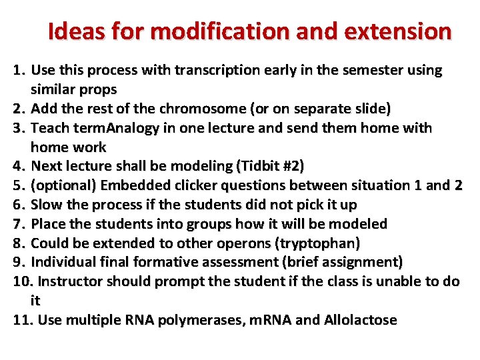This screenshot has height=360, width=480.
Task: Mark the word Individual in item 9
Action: coord(62,262)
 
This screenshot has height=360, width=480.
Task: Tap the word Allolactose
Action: coord(360,320)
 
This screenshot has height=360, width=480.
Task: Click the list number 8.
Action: coord(18,243)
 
